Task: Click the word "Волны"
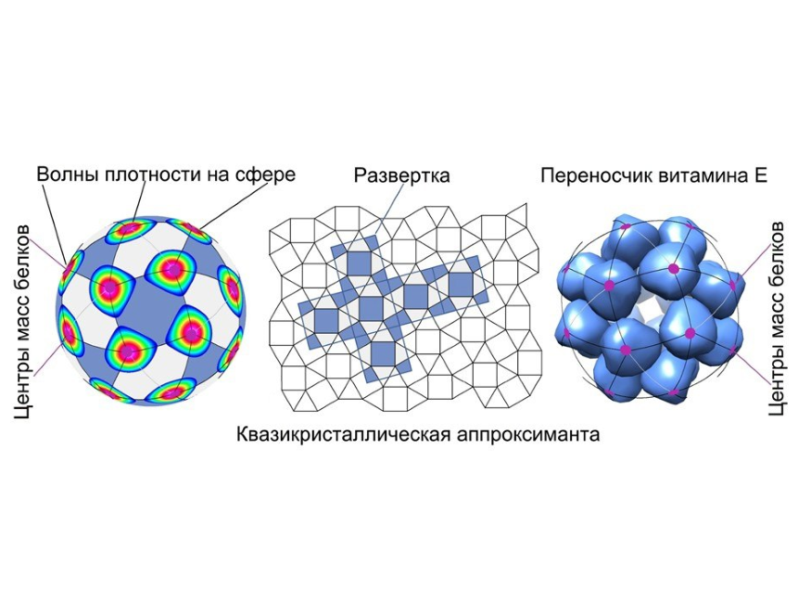pos(68,174)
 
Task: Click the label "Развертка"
pos(402,176)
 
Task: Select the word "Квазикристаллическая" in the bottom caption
pos(343,435)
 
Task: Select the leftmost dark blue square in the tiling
pos(326,321)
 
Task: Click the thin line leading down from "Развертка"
pos(393,210)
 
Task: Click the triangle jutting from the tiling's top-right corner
pos(517,215)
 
